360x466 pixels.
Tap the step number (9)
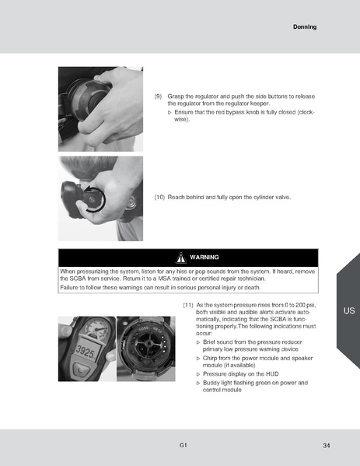(159, 96)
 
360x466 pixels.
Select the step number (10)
(160, 198)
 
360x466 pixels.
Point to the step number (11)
(187, 305)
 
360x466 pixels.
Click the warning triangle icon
(180, 258)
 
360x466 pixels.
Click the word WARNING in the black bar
(204, 258)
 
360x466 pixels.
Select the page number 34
(326, 445)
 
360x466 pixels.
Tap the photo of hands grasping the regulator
(100, 107)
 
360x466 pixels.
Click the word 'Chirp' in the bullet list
(212, 358)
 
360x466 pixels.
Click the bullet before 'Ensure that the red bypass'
(170, 113)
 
